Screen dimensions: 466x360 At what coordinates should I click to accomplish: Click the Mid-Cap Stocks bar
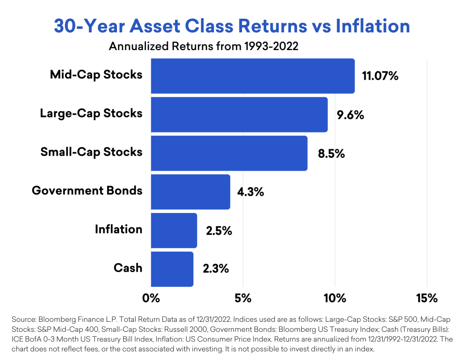pyautogui.click(x=253, y=76)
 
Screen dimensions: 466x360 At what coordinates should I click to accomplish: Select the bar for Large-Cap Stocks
pyautogui.click(x=239, y=115)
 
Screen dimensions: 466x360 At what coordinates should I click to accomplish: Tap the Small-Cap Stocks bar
pyautogui.click(x=229, y=153)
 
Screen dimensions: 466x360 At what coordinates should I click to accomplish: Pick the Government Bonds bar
pyautogui.click(x=191, y=192)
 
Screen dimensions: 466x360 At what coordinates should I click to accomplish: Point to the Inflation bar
pyautogui.click(x=174, y=230)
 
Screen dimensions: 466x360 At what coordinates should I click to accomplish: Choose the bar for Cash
pyautogui.click(x=172, y=269)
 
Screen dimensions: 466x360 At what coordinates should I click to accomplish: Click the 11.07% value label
pyautogui.click(x=380, y=76)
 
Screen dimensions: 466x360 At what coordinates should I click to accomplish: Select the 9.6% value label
pyautogui.click(x=350, y=115)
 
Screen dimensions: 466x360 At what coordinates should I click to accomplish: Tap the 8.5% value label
pyautogui.click(x=331, y=154)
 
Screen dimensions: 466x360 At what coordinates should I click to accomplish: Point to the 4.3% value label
pyautogui.click(x=251, y=192)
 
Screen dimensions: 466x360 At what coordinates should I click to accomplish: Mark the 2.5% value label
pyautogui.click(x=219, y=231)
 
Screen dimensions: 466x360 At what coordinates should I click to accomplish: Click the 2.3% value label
pyautogui.click(x=216, y=269)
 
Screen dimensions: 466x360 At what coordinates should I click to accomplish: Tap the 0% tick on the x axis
pyautogui.click(x=151, y=298)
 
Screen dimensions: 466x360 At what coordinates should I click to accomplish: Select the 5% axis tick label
pyautogui.click(x=243, y=298)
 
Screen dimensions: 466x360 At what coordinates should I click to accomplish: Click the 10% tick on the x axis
pyautogui.click(x=335, y=298)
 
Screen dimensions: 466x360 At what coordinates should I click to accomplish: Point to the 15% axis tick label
pyautogui.click(x=427, y=298)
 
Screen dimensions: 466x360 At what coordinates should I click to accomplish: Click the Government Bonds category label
pyautogui.click(x=87, y=191)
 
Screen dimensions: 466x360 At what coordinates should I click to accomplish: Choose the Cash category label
pyautogui.click(x=128, y=268)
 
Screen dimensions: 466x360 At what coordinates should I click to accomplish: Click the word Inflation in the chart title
pyautogui.click(x=373, y=26)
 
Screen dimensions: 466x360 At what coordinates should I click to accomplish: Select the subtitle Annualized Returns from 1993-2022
pyautogui.click(x=203, y=46)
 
